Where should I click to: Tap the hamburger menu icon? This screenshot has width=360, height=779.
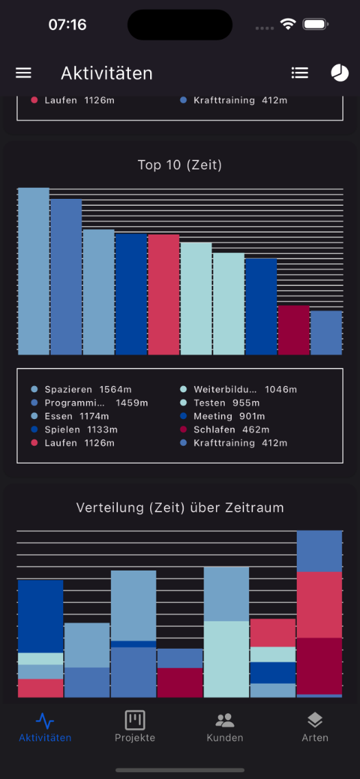23,73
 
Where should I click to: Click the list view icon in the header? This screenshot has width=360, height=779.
300,73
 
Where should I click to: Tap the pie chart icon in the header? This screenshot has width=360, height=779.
339,73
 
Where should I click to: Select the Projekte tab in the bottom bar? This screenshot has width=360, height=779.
135,726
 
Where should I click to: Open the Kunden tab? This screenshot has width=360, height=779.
225,726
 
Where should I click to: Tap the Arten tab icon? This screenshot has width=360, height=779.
315,720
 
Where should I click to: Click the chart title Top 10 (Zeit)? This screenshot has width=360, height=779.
180,165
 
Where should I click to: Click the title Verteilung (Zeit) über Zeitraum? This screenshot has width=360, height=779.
180,507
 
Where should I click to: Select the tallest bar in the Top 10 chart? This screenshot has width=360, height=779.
34,272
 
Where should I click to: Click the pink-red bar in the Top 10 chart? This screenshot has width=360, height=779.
163,295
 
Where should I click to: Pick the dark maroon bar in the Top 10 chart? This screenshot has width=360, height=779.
293,330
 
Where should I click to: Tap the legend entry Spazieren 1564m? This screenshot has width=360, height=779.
82,389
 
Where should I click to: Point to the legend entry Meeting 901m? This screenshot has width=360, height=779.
222,416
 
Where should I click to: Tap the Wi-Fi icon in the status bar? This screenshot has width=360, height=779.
287,24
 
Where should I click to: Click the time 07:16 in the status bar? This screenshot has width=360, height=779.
67,25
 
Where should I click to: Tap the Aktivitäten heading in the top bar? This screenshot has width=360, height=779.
107,73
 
